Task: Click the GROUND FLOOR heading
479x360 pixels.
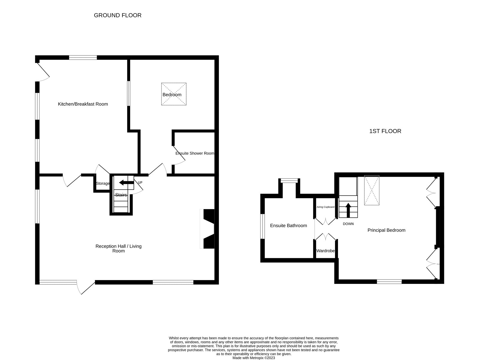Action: (x=118, y=15)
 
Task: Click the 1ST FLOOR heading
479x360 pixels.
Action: (x=385, y=131)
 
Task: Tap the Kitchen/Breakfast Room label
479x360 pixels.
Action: (x=83, y=104)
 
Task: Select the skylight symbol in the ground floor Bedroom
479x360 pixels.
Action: (x=174, y=94)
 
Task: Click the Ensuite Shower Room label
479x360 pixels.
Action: (x=195, y=153)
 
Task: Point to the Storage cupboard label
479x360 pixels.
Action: (x=103, y=183)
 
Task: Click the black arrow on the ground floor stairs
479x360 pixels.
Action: (x=126, y=182)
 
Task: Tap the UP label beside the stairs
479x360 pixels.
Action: (x=140, y=182)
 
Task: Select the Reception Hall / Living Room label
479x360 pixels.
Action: (x=119, y=248)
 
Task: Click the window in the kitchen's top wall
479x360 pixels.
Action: (x=83, y=58)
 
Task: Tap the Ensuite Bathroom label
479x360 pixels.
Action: (x=288, y=226)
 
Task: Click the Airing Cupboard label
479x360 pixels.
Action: (x=325, y=207)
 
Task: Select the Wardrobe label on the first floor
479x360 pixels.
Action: (x=325, y=251)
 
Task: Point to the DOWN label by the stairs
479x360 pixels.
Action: (x=348, y=224)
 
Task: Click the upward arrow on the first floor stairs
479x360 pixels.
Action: (x=348, y=210)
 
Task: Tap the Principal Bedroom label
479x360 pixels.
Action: (x=386, y=230)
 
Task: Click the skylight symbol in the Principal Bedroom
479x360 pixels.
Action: (x=372, y=190)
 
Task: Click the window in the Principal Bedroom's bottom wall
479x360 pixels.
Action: (x=389, y=281)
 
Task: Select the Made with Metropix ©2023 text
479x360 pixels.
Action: (x=254, y=358)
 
